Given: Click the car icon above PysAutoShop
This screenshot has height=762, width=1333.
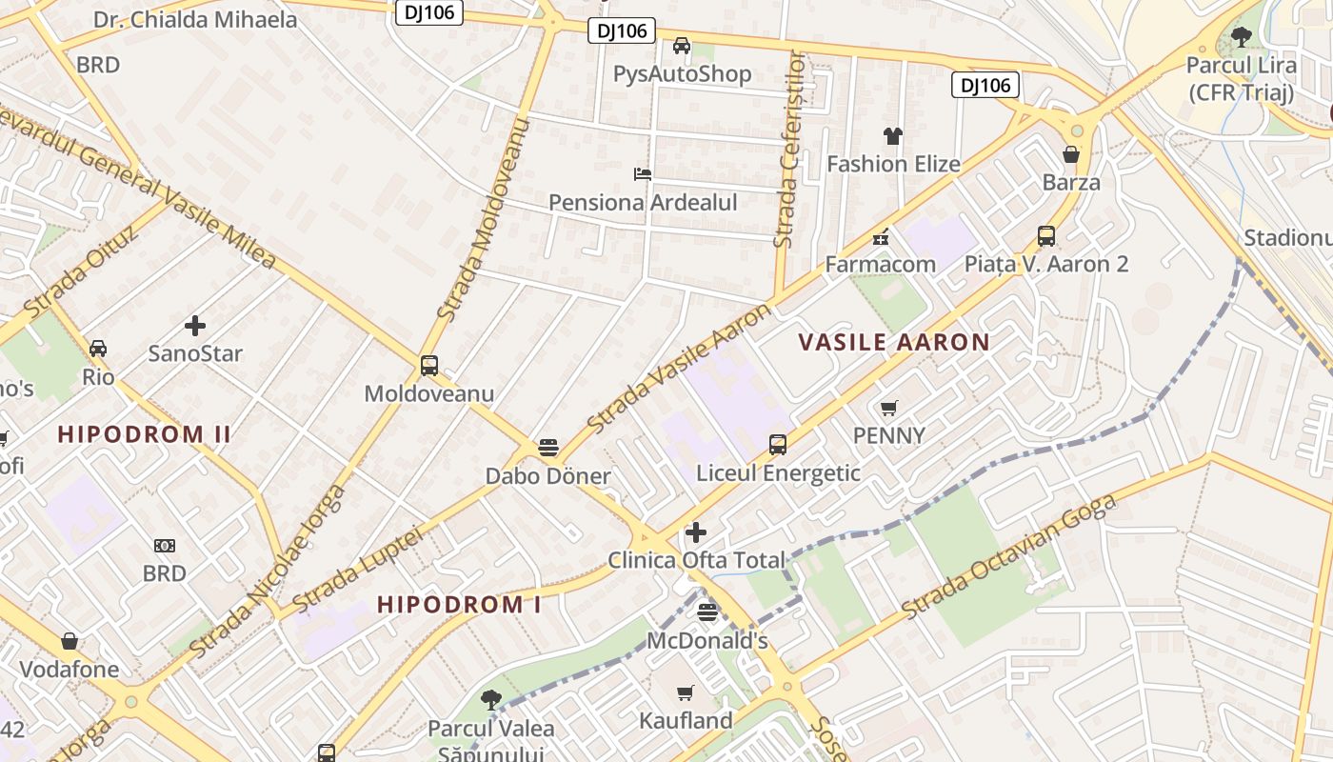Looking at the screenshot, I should [x=682, y=46].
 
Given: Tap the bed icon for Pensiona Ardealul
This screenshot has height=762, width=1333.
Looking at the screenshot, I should [x=643, y=174].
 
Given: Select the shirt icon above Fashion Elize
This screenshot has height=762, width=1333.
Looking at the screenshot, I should [x=892, y=136].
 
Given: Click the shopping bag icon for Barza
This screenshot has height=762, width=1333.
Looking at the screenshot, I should [x=1071, y=154].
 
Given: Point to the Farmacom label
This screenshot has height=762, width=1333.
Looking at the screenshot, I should [x=880, y=264].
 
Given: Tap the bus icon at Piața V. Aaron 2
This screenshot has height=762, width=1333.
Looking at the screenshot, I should [x=1045, y=236].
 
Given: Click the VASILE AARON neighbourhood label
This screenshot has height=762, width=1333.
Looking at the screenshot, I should [x=893, y=342].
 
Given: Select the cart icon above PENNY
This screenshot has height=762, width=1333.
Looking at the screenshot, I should [x=888, y=409].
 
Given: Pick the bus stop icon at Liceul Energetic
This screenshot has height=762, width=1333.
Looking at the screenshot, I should [x=778, y=445].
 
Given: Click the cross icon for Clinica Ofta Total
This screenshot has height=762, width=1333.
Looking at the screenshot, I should [x=696, y=532].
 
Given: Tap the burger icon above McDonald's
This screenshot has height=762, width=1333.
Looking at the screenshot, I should [x=707, y=612].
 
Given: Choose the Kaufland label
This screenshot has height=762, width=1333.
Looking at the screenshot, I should [x=686, y=720].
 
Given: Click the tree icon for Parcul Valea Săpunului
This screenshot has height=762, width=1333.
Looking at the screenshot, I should [x=490, y=701].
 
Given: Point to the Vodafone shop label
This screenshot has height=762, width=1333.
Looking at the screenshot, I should [x=70, y=669].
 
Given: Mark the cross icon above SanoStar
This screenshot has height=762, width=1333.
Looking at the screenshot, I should [x=195, y=326].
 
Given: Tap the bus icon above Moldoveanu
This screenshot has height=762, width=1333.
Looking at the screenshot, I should [x=429, y=366].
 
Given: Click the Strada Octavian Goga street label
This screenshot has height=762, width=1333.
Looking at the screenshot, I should [x=1008, y=557].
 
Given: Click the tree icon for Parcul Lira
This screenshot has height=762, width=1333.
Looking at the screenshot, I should [x=1241, y=38].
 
